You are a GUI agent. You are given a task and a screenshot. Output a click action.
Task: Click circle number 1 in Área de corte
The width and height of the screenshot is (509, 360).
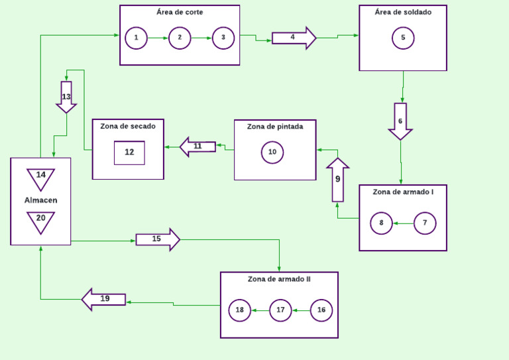click(136, 38)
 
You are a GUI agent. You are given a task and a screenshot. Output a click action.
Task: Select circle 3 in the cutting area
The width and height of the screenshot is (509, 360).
click(223, 38)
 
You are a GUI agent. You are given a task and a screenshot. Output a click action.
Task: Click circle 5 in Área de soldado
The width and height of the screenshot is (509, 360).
click(403, 38)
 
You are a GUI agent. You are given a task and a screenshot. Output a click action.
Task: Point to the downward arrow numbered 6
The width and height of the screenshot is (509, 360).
click(400, 121)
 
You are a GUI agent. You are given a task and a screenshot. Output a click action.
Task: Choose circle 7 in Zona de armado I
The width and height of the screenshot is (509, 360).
click(425, 223)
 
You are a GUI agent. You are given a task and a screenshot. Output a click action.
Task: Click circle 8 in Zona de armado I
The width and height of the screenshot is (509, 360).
click(381, 223)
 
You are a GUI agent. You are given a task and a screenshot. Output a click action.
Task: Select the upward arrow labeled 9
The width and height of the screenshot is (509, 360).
click(338, 180)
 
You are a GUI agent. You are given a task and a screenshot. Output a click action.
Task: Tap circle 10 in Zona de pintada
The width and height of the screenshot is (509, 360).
click(272, 152)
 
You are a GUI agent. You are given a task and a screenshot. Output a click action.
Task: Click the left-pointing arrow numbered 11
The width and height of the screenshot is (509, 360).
click(198, 147)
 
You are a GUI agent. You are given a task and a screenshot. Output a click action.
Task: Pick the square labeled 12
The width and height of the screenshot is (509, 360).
click(129, 152)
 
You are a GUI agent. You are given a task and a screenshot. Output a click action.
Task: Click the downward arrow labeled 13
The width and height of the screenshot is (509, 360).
click(66, 97)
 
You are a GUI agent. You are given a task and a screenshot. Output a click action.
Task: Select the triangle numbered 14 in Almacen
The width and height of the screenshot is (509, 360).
click(41, 178)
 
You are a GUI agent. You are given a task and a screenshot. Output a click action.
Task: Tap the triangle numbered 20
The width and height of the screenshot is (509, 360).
click(41, 220)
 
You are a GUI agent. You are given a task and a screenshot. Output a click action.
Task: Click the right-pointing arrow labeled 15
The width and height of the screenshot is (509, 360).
click(158, 239)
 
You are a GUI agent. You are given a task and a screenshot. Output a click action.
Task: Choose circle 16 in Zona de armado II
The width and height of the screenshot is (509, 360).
click(321, 310)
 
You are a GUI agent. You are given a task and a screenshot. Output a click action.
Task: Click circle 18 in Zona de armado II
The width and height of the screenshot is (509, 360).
click(240, 310)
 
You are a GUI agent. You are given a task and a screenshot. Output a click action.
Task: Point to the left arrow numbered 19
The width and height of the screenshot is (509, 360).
click(104, 299)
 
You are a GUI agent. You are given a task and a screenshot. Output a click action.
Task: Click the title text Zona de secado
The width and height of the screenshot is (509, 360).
click(128, 126)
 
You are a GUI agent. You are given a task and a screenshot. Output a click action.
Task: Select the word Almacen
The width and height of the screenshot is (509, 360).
click(41, 200)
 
